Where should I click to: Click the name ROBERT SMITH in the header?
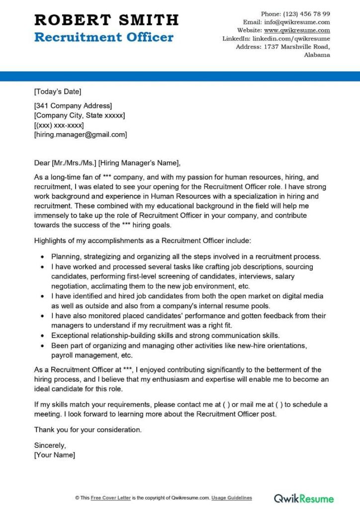click(106, 20)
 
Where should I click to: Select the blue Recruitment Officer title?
click(104, 37)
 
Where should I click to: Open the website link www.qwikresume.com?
click(304, 30)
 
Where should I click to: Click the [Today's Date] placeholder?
click(58, 91)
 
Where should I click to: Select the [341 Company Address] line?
click(73, 105)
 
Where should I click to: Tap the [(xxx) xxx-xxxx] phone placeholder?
click(59, 125)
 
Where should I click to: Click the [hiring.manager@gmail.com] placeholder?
click(81, 134)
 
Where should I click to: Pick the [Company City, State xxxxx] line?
click(80, 115)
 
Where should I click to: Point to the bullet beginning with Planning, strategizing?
click(186, 257)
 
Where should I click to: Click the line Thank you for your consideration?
click(88, 429)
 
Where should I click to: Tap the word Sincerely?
click(50, 445)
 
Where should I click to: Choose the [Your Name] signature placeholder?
click(55, 455)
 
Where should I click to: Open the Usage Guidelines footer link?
click(232, 498)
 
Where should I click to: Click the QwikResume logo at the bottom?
click(304, 498)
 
